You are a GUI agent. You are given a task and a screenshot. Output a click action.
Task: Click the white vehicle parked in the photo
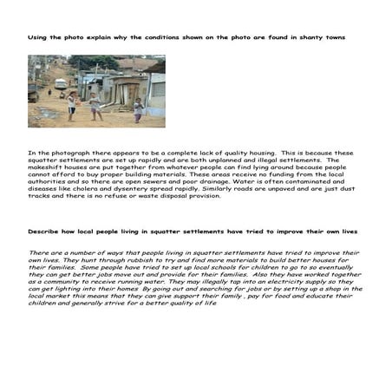click(61, 84)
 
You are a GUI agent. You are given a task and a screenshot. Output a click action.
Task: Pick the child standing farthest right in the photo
click(136, 109)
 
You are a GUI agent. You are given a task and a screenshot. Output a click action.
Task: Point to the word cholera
click(127, 189)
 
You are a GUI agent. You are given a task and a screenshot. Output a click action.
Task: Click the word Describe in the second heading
click(44, 232)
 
